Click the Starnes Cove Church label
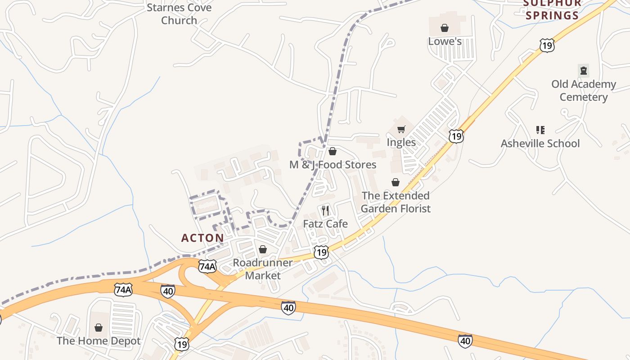pos(179,14)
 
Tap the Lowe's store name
pos(445,41)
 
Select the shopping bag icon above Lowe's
pos(445,28)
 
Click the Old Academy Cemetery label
pos(584,90)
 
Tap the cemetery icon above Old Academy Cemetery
pos(584,70)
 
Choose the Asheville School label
pos(540,144)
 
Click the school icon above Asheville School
pos(540,130)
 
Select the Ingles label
pos(401,143)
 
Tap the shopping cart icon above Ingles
pos(401,130)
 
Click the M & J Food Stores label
pos(333,165)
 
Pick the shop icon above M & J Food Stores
pos(333,151)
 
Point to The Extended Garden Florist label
pos(396,202)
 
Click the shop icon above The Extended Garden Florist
pos(396,182)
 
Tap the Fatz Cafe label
pos(325,224)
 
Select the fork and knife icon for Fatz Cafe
pos(326,210)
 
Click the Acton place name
pos(202,238)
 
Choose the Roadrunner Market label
pos(263,269)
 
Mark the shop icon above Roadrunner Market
pos(263,249)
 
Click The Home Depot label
pos(99,341)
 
